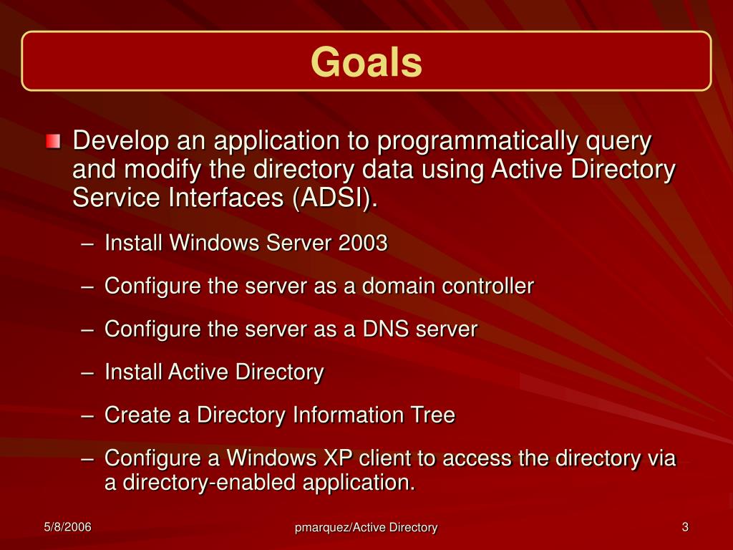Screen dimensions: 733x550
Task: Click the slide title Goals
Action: point(366,62)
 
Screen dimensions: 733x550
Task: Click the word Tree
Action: point(432,415)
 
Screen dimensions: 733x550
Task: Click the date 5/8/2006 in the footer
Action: point(67,527)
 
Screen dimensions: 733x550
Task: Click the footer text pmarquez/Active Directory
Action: point(366,528)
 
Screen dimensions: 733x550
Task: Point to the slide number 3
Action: point(685,527)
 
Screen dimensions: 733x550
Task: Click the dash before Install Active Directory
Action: point(87,373)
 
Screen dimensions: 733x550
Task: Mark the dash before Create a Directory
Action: point(87,416)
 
